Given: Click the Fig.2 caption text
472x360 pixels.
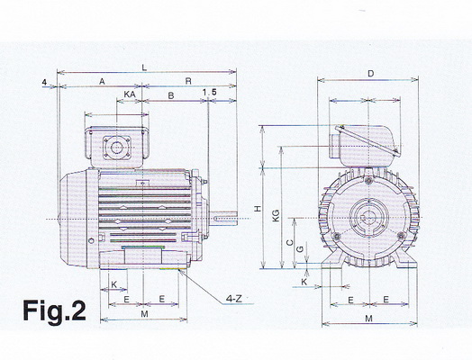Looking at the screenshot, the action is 54,311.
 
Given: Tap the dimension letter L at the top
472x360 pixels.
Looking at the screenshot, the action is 144,67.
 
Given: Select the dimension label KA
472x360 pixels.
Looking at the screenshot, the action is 130,94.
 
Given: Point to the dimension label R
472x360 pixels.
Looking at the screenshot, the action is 188,81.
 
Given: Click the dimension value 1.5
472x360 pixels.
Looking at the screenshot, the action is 210,93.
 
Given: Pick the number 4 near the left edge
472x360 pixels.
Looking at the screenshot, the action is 44,83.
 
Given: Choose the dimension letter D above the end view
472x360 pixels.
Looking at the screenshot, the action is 371,74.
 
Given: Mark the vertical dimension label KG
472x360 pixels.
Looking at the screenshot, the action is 276,216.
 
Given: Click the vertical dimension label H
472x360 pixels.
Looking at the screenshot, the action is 258,209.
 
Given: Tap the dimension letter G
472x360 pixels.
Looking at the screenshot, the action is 300,249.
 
